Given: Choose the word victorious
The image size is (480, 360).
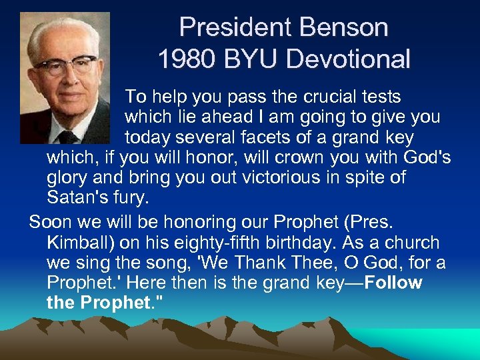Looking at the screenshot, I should click(259, 178).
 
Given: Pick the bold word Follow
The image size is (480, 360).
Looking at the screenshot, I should click(393, 283).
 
